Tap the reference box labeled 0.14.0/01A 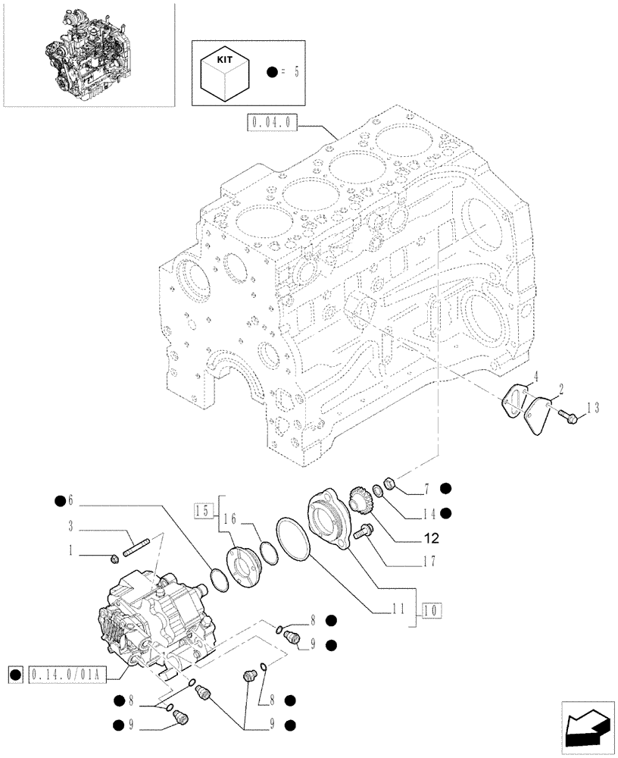tap(68, 672)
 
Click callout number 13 tap(591, 409)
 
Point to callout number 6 tap(72, 500)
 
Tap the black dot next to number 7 tap(446, 488)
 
